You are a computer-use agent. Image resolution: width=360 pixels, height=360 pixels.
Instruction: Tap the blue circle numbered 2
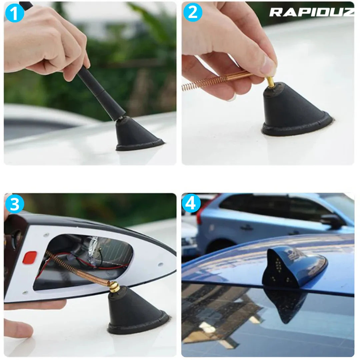pos(193,12)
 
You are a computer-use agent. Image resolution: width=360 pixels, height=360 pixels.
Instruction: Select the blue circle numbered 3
pos(15,204)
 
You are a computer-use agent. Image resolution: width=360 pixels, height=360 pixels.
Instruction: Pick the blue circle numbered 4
pos(191,203)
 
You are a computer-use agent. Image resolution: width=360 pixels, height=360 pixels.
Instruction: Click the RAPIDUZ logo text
pos(311,12)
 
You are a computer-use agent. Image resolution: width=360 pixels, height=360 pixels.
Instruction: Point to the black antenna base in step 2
pos(293,110)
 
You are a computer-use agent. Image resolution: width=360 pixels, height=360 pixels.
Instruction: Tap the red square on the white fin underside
pos(29,257)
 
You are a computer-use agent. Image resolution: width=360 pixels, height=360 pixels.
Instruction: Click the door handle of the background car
pos(247,228)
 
